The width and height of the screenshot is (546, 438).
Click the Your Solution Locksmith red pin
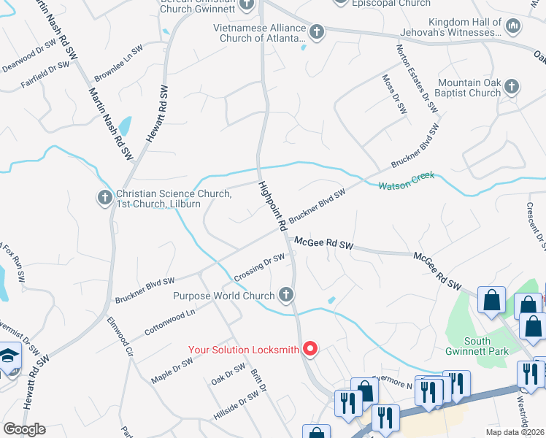coord(309,349)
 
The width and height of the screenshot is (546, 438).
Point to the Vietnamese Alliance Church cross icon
coord(316,31)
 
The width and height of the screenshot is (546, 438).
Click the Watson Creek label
coord(407,180)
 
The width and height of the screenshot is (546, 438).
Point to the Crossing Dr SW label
coord(259,269)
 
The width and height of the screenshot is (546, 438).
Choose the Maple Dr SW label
coord(172,370)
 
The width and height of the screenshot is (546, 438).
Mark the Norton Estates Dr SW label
coord(417,78)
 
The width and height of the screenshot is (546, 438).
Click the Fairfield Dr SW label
coord(45,74)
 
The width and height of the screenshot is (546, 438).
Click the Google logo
coord(24,429)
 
